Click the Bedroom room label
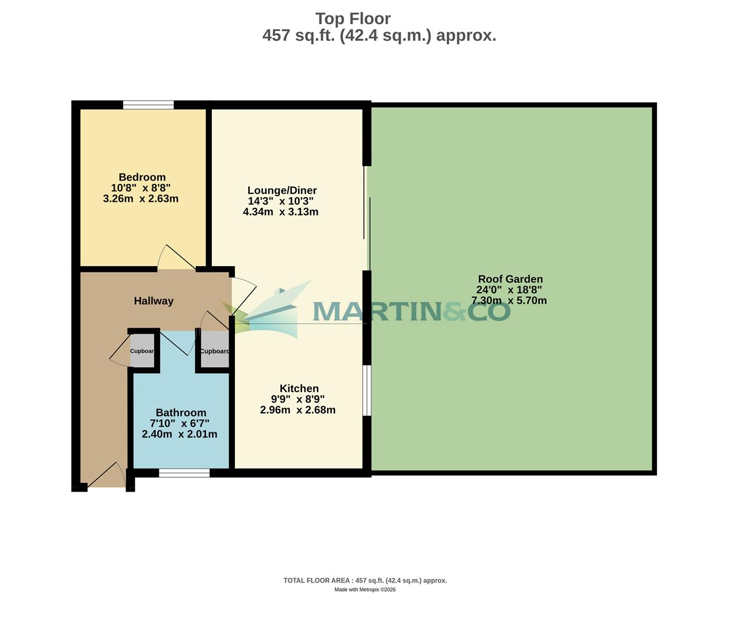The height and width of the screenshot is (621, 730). (142, 177)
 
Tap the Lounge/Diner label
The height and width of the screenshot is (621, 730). (282, 190)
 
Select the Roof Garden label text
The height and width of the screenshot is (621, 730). (510, 279)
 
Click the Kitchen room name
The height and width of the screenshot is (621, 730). (299, 389)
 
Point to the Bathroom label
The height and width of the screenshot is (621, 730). (181, 413)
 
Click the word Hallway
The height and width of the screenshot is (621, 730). (153, 301)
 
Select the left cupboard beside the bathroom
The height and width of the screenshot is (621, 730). (142, 351)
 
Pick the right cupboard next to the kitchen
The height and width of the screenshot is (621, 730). (214, 351)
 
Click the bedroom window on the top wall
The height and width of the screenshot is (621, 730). (148, 105)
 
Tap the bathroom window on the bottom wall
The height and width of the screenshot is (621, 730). (184, 473)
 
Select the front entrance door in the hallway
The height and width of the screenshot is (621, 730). (107, 476)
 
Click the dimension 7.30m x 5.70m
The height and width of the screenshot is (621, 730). (509, 301)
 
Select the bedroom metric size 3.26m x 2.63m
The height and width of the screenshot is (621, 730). (140, 199)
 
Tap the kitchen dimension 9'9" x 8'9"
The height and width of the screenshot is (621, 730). (298, 399)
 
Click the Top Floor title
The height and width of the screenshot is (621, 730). (353, 18)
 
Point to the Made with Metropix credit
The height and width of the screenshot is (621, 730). (365, 589)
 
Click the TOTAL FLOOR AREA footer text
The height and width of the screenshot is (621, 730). (365, 581)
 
